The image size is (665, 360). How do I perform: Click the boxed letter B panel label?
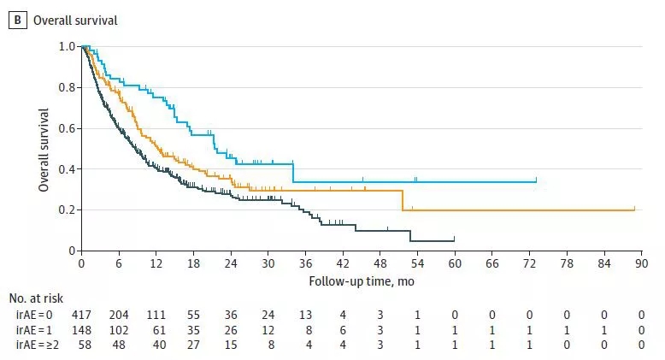coord(16,20)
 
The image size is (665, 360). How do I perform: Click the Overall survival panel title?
coord(75,20)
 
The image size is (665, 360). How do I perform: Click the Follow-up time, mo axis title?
coord(362,280)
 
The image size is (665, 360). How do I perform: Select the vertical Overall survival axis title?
coord(43,149)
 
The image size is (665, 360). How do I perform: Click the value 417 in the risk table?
coord(81,314)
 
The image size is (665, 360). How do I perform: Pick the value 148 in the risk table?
coord(81,328)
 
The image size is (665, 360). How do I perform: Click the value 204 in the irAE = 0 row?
coord(119,314)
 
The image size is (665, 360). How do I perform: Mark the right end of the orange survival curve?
coord(634,210)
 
